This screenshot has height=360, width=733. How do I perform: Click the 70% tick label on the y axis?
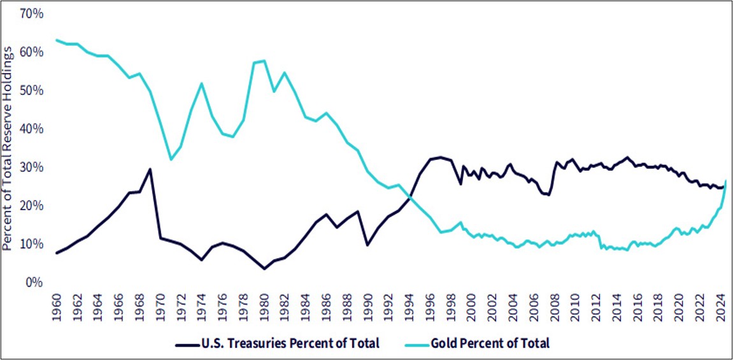tap(31, 13)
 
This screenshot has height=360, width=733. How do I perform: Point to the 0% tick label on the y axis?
tap(33, 282)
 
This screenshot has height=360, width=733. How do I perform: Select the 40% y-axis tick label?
tap(31, 129)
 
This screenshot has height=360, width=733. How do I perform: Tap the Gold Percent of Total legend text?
tap(490, 343)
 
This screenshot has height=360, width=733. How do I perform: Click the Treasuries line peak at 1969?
tap(150, 169)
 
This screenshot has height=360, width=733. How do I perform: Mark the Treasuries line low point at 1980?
tap(264, 269)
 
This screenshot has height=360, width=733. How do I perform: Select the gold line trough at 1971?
tap(171, 159)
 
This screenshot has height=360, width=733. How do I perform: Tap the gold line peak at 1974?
tap(202, 83)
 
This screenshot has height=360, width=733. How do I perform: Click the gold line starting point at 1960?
tap(57, 40)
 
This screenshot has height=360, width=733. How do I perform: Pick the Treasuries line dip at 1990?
tap(367, 245)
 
